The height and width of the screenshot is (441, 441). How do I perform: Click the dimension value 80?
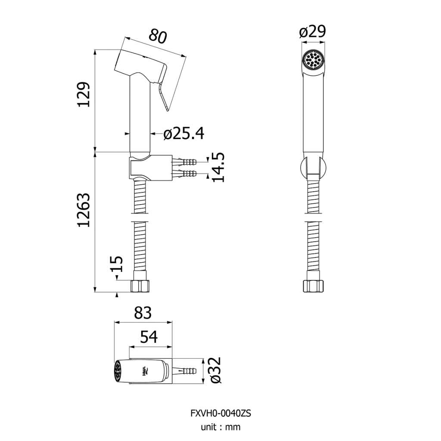click(158, 36)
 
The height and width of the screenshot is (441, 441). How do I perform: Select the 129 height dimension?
click(84, 94)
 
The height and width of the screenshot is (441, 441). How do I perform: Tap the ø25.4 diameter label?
click(184, 134)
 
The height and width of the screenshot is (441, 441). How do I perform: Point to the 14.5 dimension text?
click(218, 167)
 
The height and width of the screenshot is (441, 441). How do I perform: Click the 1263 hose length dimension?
click(84, 210)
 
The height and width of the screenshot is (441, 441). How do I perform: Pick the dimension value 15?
click(117, 264)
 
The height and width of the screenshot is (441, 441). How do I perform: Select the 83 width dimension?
click(143, 313)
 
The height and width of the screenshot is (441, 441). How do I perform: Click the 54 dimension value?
click(149, 337)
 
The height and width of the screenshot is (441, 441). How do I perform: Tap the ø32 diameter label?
click(216, 370)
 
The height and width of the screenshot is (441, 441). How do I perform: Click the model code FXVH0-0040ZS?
click(221, 413)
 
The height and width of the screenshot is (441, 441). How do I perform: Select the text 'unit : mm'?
click(221, 427)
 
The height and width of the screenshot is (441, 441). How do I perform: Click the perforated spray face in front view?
click(314, 60)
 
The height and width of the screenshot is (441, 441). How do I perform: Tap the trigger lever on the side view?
click(162, 96)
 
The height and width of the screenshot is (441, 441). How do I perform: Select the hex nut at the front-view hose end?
click(314, 286)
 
